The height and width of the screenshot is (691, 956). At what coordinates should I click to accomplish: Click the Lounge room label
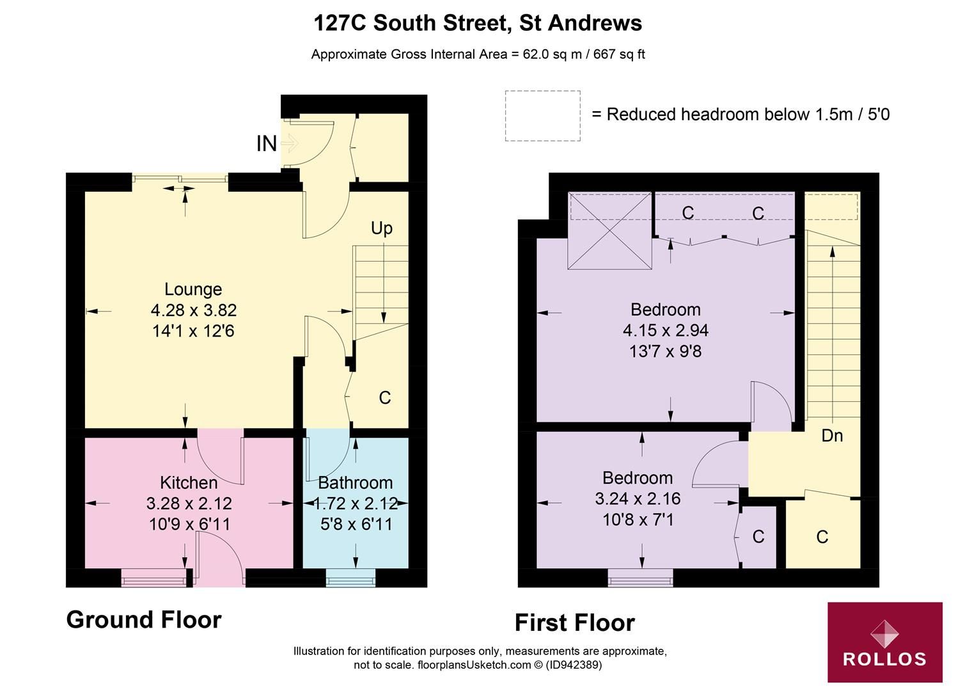192,289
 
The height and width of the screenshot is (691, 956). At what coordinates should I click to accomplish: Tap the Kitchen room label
189,482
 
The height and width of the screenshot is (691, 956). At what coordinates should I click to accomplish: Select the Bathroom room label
356,482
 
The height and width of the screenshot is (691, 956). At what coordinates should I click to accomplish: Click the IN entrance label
267,144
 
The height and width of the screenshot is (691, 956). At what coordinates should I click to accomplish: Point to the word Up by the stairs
382,228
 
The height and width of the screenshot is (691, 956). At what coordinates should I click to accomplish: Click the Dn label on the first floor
832,436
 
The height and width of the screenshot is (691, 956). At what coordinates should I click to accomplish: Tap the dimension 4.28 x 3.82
194,310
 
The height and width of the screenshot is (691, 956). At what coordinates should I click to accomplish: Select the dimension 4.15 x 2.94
666,331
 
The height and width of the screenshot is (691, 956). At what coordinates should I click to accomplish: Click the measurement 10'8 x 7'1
638,520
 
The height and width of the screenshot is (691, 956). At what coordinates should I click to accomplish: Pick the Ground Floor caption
144,619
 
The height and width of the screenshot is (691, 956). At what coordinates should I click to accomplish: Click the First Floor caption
574,623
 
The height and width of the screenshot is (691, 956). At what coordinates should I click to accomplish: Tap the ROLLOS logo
884,642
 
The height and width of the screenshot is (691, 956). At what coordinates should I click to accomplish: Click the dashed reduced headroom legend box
542,116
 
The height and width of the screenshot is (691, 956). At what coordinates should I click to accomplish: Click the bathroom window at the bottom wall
350,581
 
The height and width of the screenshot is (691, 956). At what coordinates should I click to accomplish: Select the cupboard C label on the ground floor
384,398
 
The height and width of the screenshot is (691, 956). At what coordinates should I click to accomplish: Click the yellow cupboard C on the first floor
822,536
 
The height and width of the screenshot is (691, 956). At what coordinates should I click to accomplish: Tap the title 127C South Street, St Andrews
478,23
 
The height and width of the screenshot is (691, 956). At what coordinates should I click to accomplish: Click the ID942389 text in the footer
574,665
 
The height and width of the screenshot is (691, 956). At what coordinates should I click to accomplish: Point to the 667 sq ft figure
619,54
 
